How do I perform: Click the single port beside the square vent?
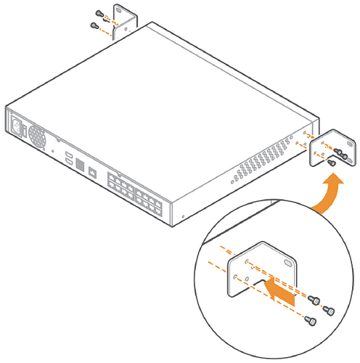tap(93, 173)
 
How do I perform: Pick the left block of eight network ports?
tap(119, 186)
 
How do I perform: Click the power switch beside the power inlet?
tap(25, 133)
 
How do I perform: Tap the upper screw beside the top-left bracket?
tap(99, 13)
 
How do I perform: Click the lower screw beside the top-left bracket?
tap(93, 25)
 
